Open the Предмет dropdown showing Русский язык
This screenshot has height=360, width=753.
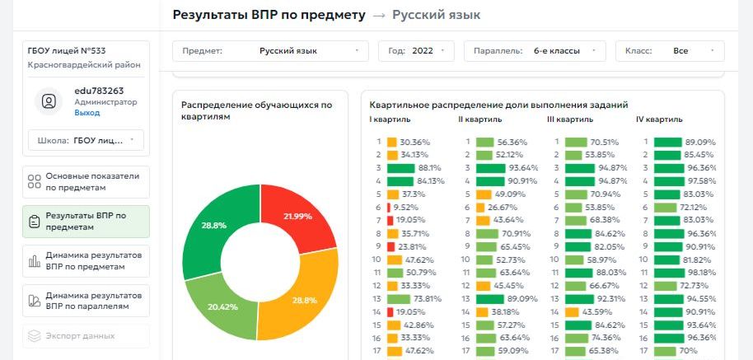tap(270, 51)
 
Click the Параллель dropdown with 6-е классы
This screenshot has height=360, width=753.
tap(534, 51)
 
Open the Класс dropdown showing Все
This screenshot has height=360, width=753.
tap(669, 51)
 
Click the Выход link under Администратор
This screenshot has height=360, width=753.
tap(87, 113)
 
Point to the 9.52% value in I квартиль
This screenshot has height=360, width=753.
tap(406, 208)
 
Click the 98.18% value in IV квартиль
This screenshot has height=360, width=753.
tap(701, 273)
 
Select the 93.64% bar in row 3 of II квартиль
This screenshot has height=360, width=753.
tap(489, 168)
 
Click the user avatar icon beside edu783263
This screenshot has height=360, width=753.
tap(49, 101)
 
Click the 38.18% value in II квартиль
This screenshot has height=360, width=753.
tap(505, 312)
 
